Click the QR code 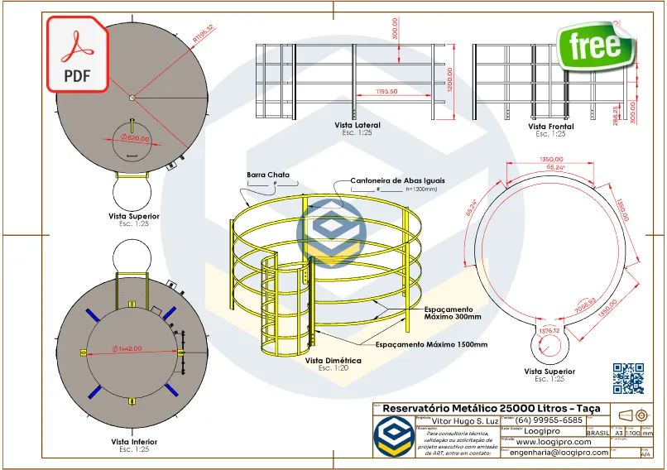628,378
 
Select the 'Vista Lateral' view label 357,125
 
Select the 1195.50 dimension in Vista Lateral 386,91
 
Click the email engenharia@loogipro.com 559,452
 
